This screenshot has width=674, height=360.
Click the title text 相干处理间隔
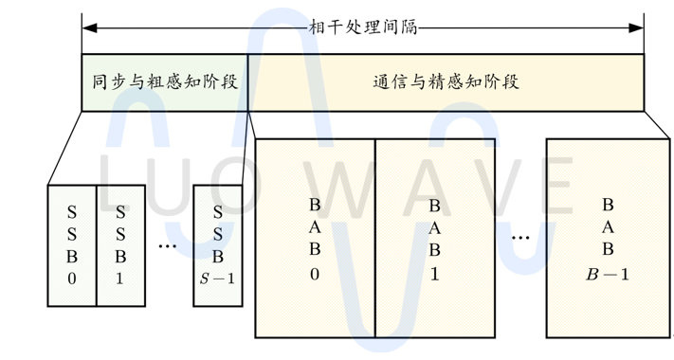click(x=363, y=26)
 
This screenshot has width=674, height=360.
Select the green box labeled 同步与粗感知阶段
click(x=164, y=82)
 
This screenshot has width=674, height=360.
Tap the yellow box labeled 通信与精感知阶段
click(x=446, y=82)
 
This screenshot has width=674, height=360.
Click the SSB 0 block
click(x=72, y=244)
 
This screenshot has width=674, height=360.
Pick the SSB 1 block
click(x=120, y=244)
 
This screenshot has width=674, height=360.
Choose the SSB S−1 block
click(x=218, y=244)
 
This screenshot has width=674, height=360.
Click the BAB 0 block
click(x=315, y=238)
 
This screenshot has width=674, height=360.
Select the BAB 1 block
click(x=435, y=238)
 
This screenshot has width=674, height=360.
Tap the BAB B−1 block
click(x=608, y=238)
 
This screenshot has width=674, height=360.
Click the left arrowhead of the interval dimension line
click(x=87, y=27)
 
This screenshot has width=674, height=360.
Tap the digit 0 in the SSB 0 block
click(x=72, y=279)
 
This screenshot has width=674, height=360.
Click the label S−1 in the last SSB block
click(x=218, y=279)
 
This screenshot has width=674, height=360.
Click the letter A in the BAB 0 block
click(x=315, y=226)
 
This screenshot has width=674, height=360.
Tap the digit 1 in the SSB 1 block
click(x=120, y=279)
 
